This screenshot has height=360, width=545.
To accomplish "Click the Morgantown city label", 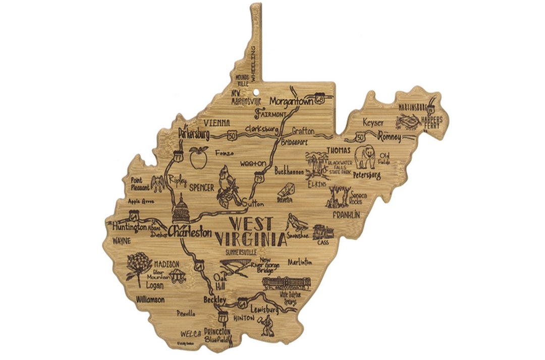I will coord(291,101).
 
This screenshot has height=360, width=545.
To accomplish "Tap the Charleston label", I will coord(190,232).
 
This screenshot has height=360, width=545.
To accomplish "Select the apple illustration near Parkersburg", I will coord(198,157).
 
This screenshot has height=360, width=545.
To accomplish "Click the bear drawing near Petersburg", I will coord(364,157).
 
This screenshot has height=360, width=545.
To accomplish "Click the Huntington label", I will coord(129,227).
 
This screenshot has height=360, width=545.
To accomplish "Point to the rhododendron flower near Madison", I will coord(136,265).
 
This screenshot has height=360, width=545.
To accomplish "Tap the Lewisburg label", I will coord(263,311).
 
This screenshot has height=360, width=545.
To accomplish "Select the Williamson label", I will coord(150,299).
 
